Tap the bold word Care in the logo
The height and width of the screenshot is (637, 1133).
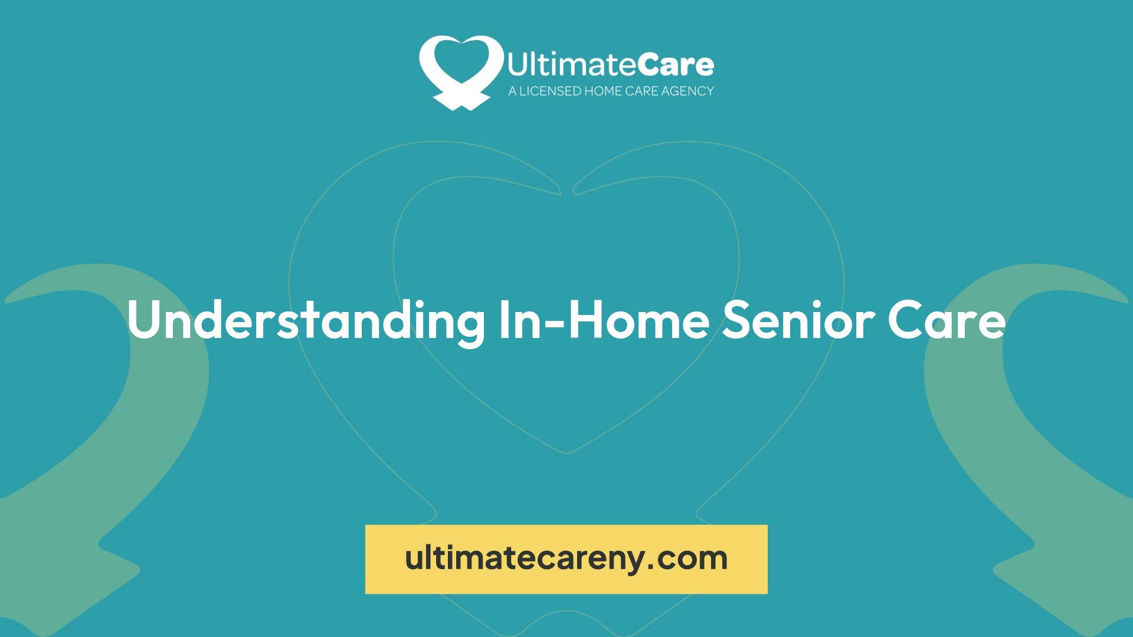click(675, 65)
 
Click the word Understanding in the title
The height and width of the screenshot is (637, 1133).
click(306, 320)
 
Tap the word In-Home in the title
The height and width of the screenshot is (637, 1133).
click(604, 320)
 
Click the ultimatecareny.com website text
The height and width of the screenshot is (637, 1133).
click(566, 558)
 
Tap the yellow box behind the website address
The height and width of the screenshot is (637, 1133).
click(566, 559)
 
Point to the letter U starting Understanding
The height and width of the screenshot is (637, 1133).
click(144, 320)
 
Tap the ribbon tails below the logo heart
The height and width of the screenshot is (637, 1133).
click(461, 100)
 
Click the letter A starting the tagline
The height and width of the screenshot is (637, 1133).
click(513, 91)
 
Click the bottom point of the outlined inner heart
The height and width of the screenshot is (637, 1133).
click(566, 453)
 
